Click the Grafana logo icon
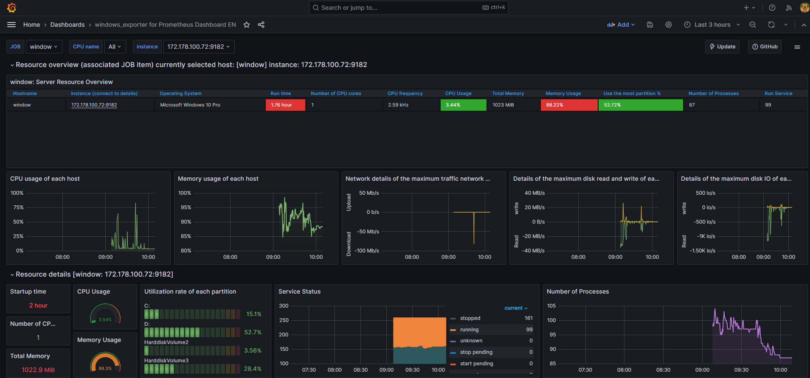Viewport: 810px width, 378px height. tap(12, 8)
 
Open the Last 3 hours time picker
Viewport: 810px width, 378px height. tap(712, 25)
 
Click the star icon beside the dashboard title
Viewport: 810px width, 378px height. tap(247, 25)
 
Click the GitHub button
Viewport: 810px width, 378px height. tap(765, 47)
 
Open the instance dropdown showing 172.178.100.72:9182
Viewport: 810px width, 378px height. tap(198, 47)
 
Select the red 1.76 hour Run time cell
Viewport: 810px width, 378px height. tap(285, 105)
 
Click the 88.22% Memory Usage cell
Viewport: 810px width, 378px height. tap(568, 105)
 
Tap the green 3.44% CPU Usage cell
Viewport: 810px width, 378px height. tap(463, 105)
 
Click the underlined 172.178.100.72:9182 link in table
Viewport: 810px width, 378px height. tap(94, 105)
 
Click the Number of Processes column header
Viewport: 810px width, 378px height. tap(713, 93)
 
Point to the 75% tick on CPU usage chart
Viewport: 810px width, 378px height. tap(18, 207)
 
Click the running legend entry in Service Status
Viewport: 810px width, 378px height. tap(469, 330)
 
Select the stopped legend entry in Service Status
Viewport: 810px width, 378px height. tap(470, 318)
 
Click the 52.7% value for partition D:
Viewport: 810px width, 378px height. tap(253, 332)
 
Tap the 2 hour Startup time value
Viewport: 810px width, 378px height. tap(38, 305)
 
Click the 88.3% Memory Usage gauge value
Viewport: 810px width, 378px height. tap(105, 368)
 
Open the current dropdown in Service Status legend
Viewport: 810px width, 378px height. tap(515, 308)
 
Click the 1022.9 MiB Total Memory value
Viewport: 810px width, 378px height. tap(38, 370)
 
